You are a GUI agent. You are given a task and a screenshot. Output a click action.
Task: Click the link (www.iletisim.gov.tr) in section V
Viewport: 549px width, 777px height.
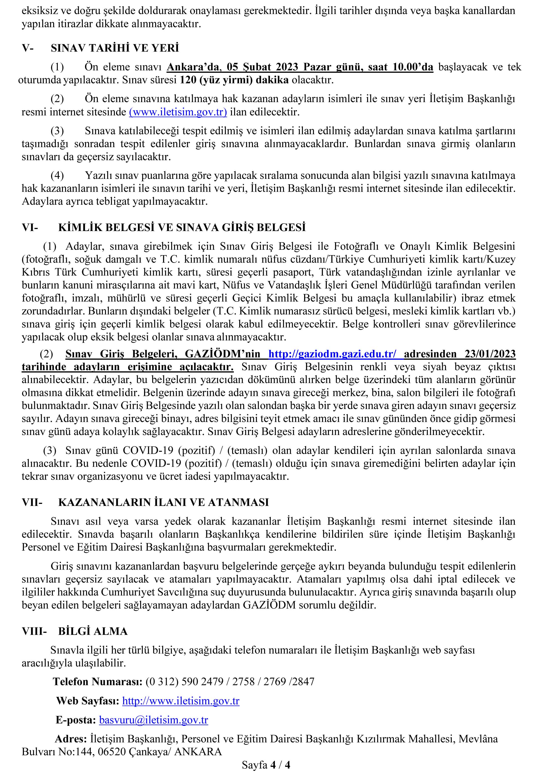click(x=178, y=112)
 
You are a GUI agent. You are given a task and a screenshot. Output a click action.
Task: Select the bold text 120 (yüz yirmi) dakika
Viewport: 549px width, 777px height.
click(x=234, y=80)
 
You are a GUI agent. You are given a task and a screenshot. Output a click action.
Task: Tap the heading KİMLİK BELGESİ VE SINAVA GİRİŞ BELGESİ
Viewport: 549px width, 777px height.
click(x=182, y=227)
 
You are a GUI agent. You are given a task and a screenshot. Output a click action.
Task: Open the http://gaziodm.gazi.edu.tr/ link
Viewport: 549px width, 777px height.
click(x=332, y=354)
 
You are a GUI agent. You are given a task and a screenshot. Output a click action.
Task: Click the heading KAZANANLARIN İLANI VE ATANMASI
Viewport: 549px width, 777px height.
click(x=163, y=502)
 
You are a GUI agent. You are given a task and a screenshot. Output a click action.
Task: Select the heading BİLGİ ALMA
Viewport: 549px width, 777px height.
click(x=93, y=631)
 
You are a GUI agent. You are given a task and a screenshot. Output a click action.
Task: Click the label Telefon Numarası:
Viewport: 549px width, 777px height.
click(x=97, y=681)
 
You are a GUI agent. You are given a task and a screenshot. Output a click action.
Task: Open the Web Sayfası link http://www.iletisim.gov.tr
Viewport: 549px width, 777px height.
click(x=181, y=701)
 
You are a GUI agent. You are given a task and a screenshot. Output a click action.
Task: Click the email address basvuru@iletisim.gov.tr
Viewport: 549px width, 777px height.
click(x=154, y=720)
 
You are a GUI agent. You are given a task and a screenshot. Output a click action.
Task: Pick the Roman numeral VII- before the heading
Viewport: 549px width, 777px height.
click(x=32, y=502)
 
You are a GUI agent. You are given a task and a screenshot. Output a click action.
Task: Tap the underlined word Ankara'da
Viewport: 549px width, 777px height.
click(x=193, y=67)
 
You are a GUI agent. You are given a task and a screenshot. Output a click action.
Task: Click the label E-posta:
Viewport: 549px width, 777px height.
click(x=76, y=720)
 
